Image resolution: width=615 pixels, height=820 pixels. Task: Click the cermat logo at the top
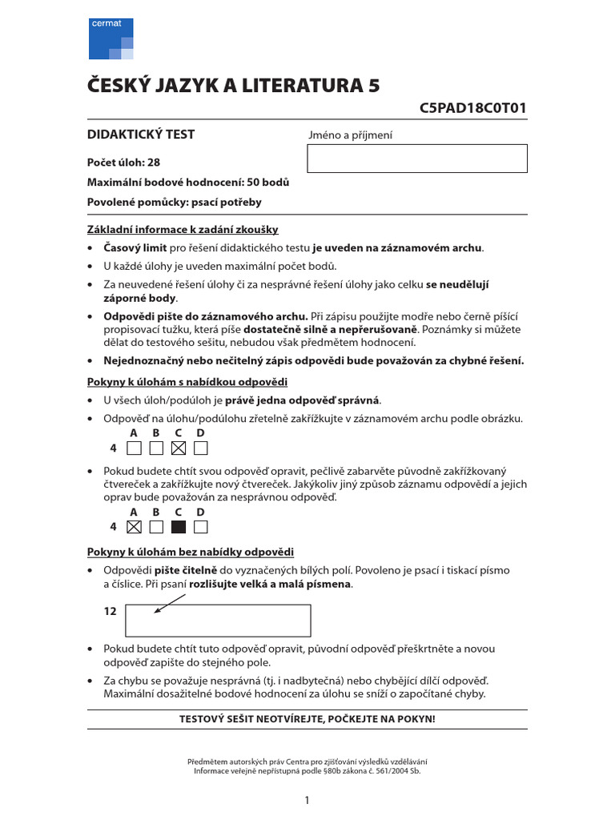(x=111, y=38)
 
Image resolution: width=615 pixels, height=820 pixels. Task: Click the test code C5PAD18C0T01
(x=472, y=109)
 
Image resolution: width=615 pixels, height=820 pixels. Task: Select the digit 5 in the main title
(x=372, y=86)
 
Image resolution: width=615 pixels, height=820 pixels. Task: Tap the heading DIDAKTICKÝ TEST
(x=140, y=135)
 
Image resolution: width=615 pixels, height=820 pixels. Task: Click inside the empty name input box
(x=416, y=159)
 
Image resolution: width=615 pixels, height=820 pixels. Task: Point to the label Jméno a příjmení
(x=351, y=135)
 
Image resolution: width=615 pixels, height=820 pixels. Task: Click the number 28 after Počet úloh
(x=153, y=162)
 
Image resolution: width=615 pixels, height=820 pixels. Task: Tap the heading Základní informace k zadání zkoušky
(x=182, y=229)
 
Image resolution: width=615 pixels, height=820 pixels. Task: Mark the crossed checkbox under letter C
(x=179, y=448)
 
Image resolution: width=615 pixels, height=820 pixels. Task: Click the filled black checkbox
(x=179, y=527)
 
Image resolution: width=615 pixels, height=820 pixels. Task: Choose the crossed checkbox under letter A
(x=134, y=527)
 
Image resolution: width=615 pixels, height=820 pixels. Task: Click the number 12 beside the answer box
(x=111, y=611)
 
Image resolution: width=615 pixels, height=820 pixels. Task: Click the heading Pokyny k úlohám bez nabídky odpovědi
(x=190, y=552)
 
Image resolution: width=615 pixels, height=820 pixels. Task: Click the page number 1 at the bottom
(x=307, y=799)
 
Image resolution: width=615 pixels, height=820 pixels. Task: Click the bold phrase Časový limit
(x=135, y=247)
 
